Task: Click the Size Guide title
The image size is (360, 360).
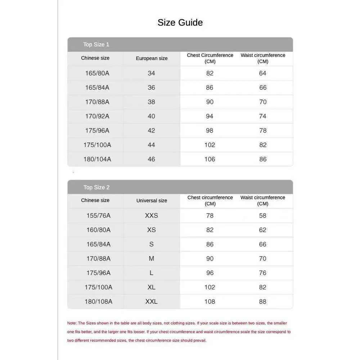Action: [x=180, y=23]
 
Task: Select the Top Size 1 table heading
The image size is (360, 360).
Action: [x=96, y=45]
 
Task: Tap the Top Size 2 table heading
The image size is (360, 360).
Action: [x=96, y=187]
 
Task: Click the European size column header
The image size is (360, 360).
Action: [x=152, y=58]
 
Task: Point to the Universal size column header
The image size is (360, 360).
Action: [x=152, y=201]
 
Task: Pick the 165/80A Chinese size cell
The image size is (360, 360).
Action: [x=97, y=73]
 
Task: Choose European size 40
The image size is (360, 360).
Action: [x=152, y=116]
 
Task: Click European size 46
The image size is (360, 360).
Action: [x=152, y=159]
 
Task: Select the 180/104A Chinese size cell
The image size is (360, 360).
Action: [x=97, y=159]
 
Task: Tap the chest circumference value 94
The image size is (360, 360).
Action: [x=210, y=116]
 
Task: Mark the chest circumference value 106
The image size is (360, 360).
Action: [x=210, y=159]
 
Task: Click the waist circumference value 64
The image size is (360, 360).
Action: [x=263, y=73]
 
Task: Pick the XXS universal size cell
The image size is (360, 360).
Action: [x=152, y=216]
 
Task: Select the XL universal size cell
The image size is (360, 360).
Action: [x=152, y=287]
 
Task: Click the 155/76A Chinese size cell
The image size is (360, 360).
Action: [x=98, y=216]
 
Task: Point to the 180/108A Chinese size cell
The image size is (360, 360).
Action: [x=98, y=302]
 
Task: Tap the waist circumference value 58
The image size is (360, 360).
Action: [x=263, y=216]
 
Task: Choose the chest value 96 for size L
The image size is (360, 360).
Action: [x=210, y=273]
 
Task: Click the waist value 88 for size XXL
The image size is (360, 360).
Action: [x=263, y=302]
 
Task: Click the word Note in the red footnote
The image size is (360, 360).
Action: [x=72, y=323]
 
